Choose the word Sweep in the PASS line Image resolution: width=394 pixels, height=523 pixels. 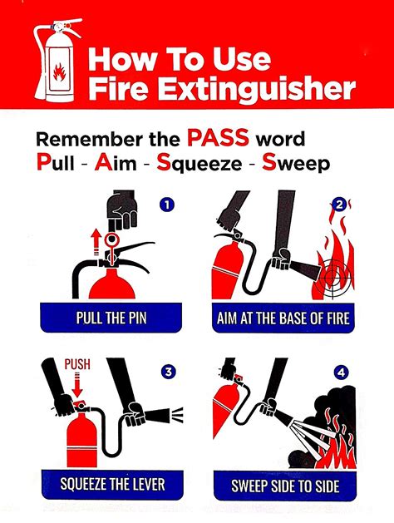296,165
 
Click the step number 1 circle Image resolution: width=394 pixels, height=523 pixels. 168,204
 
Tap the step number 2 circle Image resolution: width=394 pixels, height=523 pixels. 340,205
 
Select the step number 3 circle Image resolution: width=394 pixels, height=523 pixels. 169,371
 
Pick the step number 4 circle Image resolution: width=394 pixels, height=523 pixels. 341,372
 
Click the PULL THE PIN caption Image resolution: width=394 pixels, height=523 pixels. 111,318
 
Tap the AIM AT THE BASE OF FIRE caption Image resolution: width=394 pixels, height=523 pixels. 283,318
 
